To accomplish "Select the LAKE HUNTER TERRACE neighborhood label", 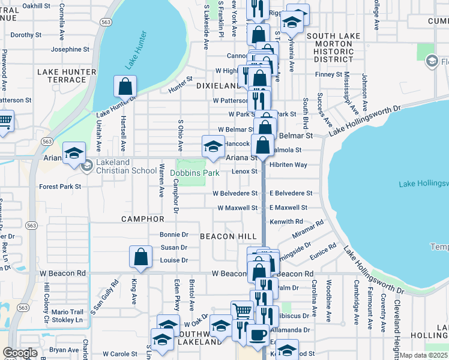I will coord(67,76).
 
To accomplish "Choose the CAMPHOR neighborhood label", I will coord(143,219).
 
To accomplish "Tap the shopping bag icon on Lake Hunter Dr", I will coord(125,87).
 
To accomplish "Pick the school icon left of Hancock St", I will coord(213,146).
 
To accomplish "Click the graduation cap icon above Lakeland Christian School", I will coord(74,153).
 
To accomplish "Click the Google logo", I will coord(20,353).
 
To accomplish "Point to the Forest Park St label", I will coord(60,187).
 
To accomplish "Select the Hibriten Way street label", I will coord(288,164).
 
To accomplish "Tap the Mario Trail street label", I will coord(67,312).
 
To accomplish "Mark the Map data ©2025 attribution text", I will coord(424,355).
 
